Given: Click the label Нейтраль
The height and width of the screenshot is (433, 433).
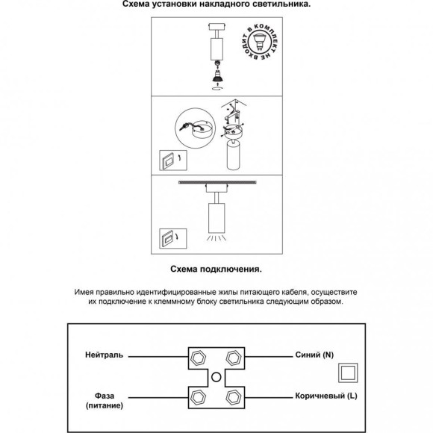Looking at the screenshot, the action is [x=104, y=355].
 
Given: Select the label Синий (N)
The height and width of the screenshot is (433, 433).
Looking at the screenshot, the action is [x=314, y=355].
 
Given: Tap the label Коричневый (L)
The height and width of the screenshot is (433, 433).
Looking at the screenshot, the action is [x=326, y=396].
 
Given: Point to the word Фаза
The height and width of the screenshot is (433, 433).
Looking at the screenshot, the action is [x=105, y=396].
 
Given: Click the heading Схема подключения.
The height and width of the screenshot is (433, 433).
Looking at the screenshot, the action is [x=216, y=269].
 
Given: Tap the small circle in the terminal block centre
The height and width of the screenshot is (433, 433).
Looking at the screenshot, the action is [x=216, y=377].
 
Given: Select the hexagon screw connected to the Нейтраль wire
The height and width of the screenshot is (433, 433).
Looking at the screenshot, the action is [x=199, y=358].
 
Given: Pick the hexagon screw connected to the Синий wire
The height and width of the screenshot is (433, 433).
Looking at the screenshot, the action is [x=234, y=358].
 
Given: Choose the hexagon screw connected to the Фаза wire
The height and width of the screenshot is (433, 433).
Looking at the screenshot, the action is [x=198, y=398].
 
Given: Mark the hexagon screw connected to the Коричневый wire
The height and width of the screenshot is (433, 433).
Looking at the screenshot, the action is [x=234, y=398].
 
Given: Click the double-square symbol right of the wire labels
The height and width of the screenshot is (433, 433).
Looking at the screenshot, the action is [x=348, y=373].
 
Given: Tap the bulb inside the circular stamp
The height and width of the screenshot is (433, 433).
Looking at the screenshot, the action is [x=258, y=41].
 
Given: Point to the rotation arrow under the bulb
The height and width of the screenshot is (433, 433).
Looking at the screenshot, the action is [x=216, y=88].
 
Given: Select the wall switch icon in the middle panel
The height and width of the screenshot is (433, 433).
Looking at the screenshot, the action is [x=173, y=161].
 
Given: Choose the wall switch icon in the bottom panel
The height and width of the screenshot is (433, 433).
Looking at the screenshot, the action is [x=173, y=239].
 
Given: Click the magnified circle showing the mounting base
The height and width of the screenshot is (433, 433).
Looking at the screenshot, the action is [x=196, y=128].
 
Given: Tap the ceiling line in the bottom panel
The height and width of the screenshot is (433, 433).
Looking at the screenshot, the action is [x=217, y=182].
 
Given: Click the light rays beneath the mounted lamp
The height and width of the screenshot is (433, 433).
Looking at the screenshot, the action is [x=216, y=237].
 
